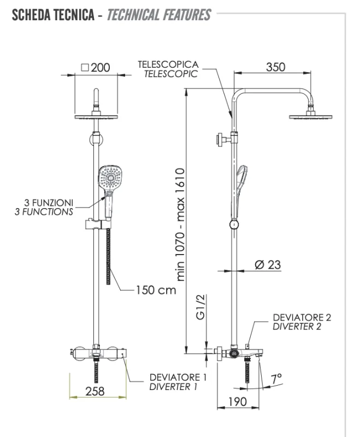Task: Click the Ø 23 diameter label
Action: [x=268, y=264]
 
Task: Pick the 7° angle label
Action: [x=277, y=377]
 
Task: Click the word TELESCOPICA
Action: [x=168, y=64]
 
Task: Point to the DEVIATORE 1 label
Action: [x=179, y=377]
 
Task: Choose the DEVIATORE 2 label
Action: [x=302, y=317]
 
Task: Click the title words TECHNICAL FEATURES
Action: [x=158, y=15]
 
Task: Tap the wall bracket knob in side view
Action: [x=222, y=139]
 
